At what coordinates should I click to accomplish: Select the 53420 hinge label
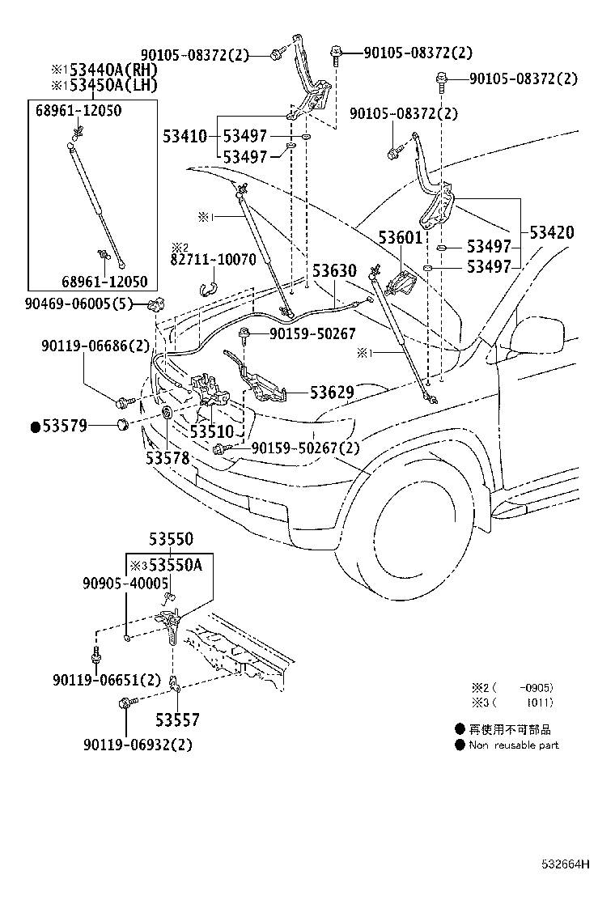click(552, 233)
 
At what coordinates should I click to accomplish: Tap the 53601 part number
click(401, 238)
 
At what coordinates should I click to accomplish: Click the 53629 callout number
click(332, 393)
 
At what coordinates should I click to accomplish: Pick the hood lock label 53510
click(211, 431)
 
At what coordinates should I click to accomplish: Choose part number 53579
click(66, 427)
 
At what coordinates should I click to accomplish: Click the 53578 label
click(168, 458)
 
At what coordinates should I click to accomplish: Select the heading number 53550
click(171, 540)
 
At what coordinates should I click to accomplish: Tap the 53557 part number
click(177, 720)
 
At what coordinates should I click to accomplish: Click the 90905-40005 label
click(125, 583)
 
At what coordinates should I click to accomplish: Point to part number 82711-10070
click(214, 261)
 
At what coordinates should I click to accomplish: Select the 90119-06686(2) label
click(95, 346)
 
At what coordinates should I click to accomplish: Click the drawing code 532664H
click(566, 864)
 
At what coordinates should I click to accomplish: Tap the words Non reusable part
click(514, 745)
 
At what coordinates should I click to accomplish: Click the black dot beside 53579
click(35, 427)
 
